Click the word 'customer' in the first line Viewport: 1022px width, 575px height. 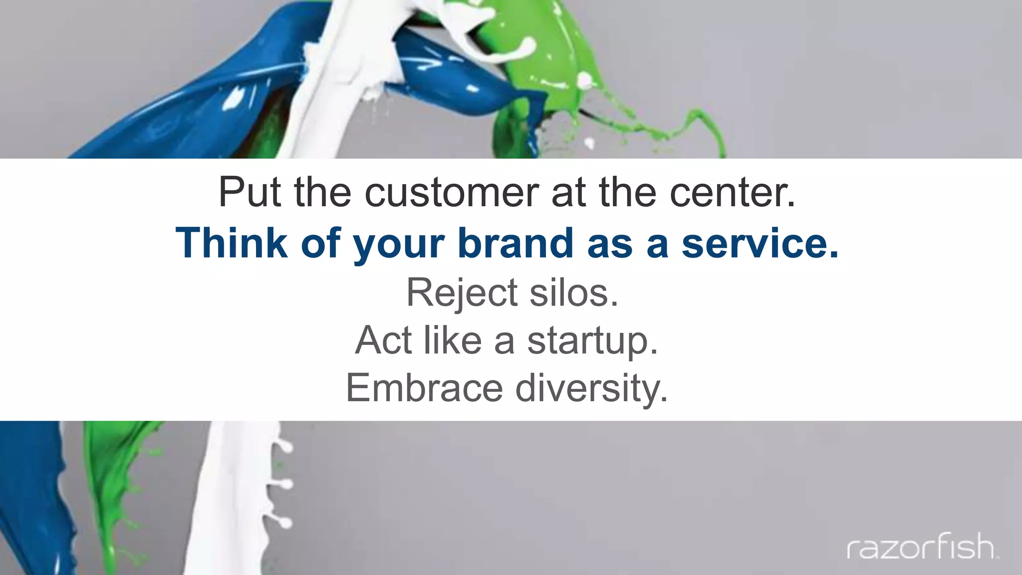452,192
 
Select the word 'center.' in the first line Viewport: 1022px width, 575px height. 732,192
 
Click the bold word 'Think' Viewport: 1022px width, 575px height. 231,243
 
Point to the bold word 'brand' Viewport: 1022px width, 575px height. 515,243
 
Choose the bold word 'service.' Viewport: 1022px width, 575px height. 760,243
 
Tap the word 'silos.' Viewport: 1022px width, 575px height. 574,292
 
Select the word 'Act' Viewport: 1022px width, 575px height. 383,340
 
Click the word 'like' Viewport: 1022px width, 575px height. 453,340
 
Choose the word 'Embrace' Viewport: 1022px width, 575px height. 424,388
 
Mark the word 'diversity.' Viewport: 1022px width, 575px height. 591,388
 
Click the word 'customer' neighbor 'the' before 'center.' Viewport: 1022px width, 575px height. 628,192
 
